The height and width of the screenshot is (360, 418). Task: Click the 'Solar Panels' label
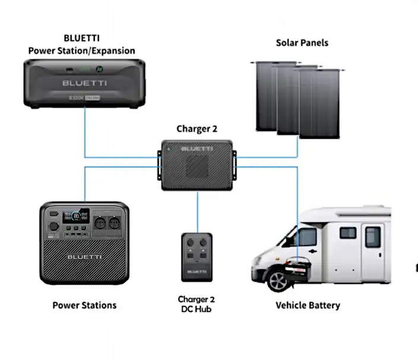pos(302,43)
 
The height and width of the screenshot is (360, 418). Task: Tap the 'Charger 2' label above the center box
pos(193,129)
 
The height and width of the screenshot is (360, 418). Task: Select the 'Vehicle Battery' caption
pos(308,305)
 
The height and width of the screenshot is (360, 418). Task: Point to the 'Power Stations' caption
pos(84,305)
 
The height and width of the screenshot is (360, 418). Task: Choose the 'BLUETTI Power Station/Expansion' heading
pos(82,45)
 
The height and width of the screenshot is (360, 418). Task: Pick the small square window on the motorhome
pos(347,233)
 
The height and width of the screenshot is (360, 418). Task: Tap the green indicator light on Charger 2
pos(168,149)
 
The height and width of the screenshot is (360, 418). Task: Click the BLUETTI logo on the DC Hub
pos(197,272)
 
